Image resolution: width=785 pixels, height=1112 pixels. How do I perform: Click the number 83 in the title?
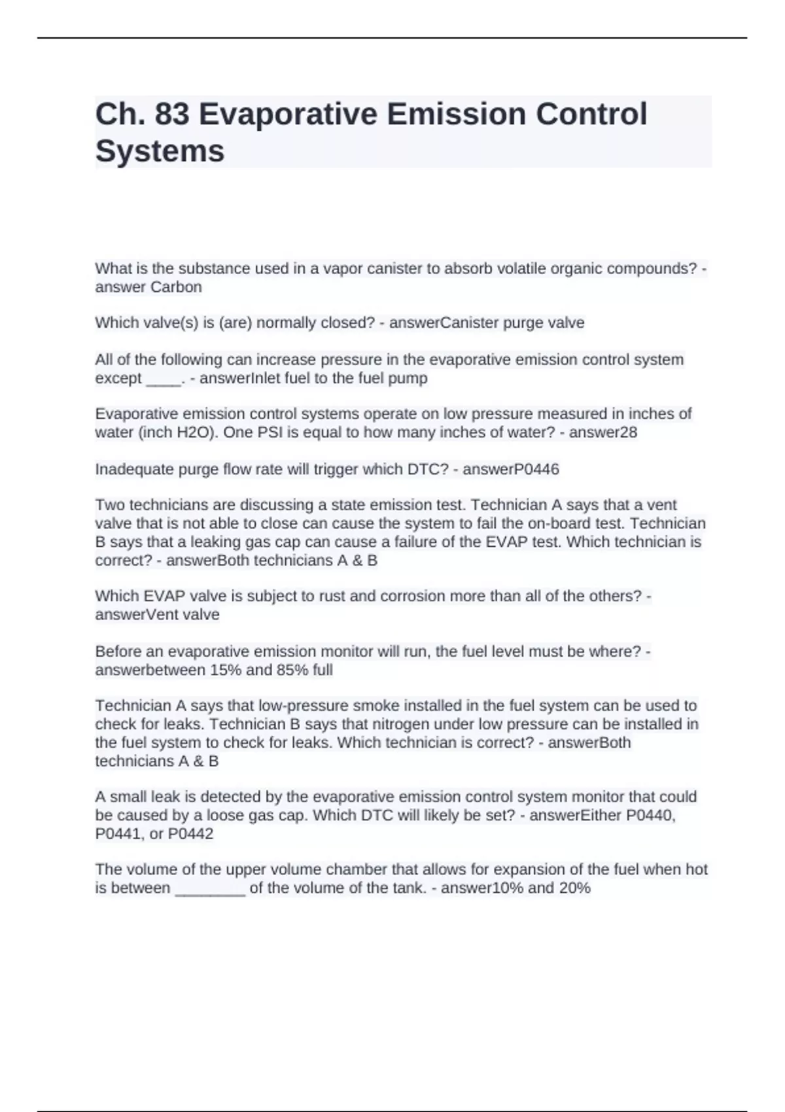click(172, 114)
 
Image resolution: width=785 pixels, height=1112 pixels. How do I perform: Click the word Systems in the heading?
click(160, 151)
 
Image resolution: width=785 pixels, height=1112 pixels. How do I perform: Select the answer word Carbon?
click(176, 287)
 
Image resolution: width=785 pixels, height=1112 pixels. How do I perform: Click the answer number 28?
click(628, 432)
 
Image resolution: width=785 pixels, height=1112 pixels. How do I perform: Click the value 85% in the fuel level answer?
click(290, 670)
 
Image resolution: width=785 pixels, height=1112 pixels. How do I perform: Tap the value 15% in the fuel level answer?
click(225, 670)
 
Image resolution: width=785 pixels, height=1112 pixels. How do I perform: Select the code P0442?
click(190, 833)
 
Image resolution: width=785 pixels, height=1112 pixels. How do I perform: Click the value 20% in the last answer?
click(576, 888)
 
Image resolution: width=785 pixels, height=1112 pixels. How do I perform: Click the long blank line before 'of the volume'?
click(210, 891)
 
